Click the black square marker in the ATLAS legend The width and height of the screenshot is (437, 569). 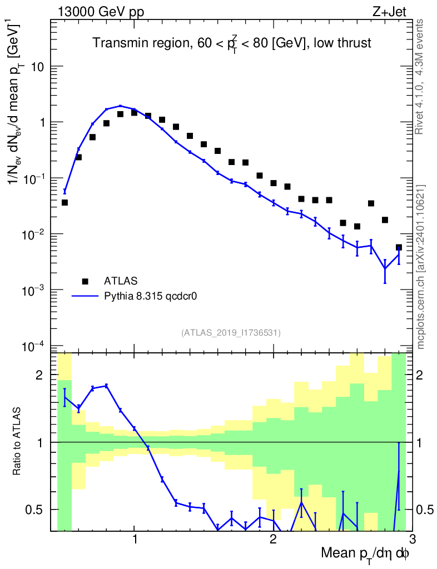click(x=85, y=281)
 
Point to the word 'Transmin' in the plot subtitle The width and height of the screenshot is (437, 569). click(x=116, y=43)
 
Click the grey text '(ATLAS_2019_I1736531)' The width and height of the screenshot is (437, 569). click(x=231, y=333)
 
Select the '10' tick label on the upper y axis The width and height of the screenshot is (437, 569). click(x=38, y=67)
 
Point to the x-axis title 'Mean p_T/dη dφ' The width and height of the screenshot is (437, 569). click(x=365, y=554)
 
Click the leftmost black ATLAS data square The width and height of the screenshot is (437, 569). click(x=64, y=203)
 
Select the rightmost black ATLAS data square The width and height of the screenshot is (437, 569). click(x=399, y=247)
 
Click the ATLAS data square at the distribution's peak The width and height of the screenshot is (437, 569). click(x=134, y=113)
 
